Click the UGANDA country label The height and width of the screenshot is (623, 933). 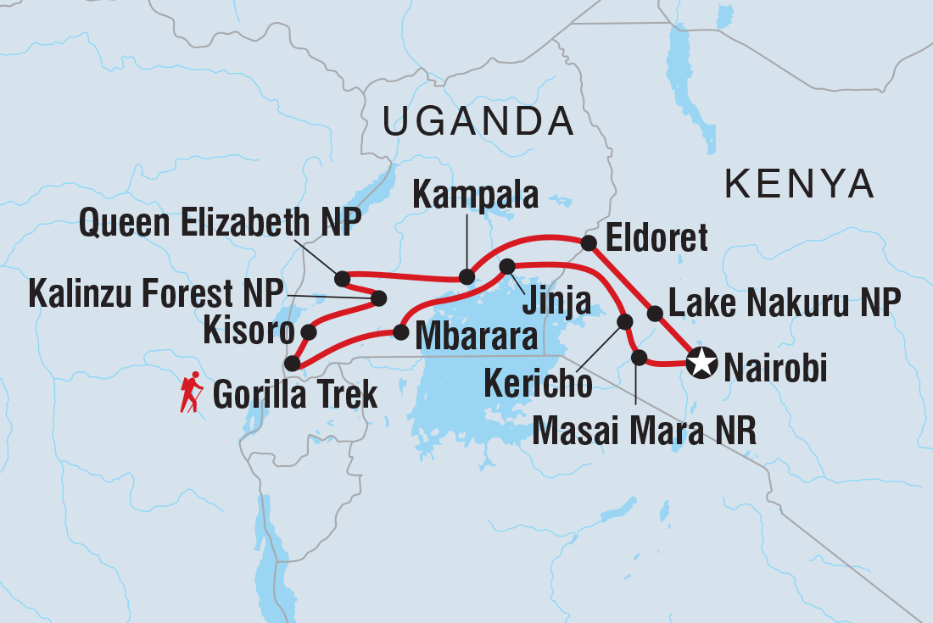pyautogui.click(x=478, y=122)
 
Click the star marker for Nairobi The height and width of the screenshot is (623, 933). pyautogui.click(x=701, y=364)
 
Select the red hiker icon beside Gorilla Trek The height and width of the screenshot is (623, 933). pyautogui.click(x=192, y=392)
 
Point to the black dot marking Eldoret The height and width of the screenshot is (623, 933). pyautogui.click(x=589, y=243)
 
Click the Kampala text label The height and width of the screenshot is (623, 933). pyautogui.click(x=475, y=196)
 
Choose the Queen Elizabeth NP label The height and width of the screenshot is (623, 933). pyautogui.click(x=220, y=225)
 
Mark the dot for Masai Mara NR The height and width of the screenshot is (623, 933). pyautogui.click(x=640, y=357)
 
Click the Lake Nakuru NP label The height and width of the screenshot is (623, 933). pyautogui.click(x=784, y=303)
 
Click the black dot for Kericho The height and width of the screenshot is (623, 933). pyautogui.click(x=625, y=321)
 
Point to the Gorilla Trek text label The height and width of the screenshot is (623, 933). pyautogui.click(x=294, y=395)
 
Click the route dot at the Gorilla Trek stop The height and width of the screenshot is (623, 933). pyautogui.click(x=292, y=364)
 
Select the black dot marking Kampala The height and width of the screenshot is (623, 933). pyautogui.click(x=466, y=276)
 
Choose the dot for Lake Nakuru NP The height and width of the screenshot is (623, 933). pyautogui.click(x=655, y=314)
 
